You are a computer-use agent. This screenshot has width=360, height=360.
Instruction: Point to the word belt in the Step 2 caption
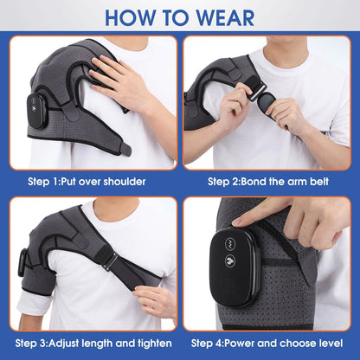(x=321, y=181)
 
